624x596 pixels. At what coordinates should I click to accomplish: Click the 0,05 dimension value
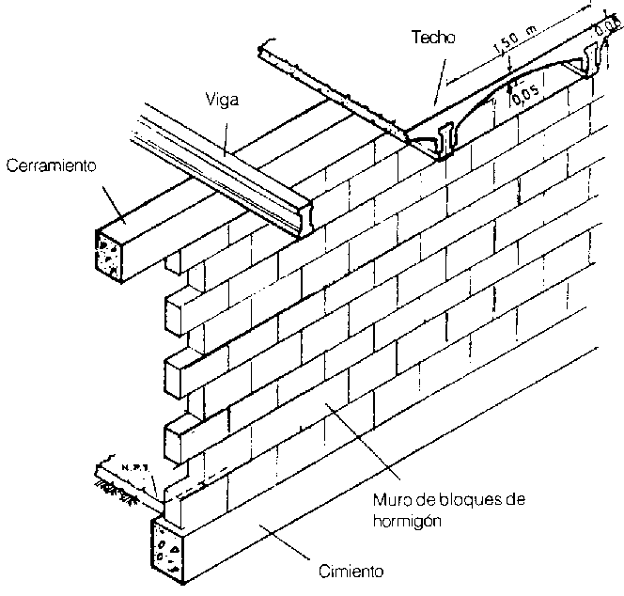(528, 98)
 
